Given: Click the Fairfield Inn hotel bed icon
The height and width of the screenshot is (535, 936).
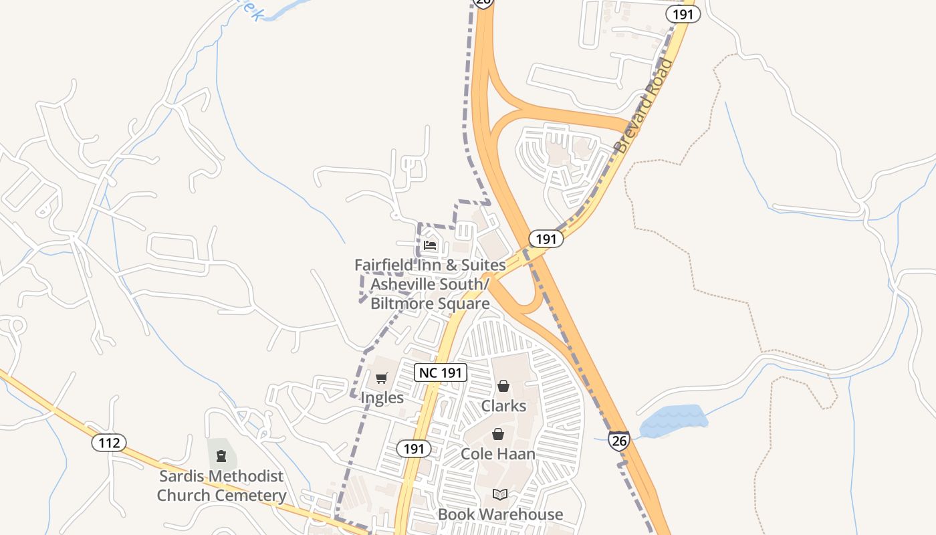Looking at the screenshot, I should point(430,245).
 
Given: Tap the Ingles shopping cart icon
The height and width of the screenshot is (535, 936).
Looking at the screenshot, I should point(381,379).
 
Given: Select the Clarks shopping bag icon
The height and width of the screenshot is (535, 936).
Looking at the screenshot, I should point(503,386).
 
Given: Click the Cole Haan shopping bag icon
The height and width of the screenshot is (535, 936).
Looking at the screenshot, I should point(498,435).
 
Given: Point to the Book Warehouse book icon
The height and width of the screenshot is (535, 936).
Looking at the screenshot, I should point(499,495).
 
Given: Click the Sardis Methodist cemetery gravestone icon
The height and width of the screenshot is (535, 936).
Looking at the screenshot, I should point(221,457).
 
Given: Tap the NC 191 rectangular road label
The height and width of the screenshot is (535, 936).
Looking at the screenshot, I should point(441,372).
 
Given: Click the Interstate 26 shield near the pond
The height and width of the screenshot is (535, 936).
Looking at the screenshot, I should point(619,440).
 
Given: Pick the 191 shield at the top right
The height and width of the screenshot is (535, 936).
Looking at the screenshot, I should point(683,14).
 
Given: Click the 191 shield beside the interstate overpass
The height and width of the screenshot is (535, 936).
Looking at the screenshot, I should point(546,239).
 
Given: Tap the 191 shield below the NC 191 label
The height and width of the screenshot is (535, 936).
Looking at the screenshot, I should point(414,449).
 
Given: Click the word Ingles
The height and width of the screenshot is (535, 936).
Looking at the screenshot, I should point(382,398).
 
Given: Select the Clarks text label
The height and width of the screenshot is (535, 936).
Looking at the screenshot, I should point(503,406).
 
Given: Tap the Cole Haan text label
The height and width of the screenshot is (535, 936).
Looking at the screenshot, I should point(498,454).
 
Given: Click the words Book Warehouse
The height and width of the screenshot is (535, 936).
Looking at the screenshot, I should point(500,514).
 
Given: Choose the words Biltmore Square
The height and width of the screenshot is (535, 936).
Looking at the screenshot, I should point(430,304).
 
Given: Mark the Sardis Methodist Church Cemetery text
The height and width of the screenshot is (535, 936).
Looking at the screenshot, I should point(221,486).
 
